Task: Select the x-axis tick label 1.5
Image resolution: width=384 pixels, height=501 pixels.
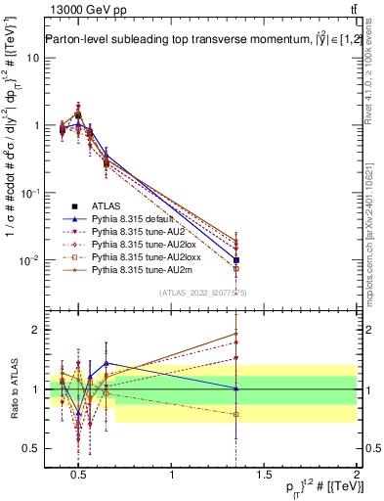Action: coord(264,476)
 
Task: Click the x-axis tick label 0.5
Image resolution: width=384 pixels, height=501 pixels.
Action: coord(79,476)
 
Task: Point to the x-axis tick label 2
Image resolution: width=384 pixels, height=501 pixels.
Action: coord(356,476)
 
